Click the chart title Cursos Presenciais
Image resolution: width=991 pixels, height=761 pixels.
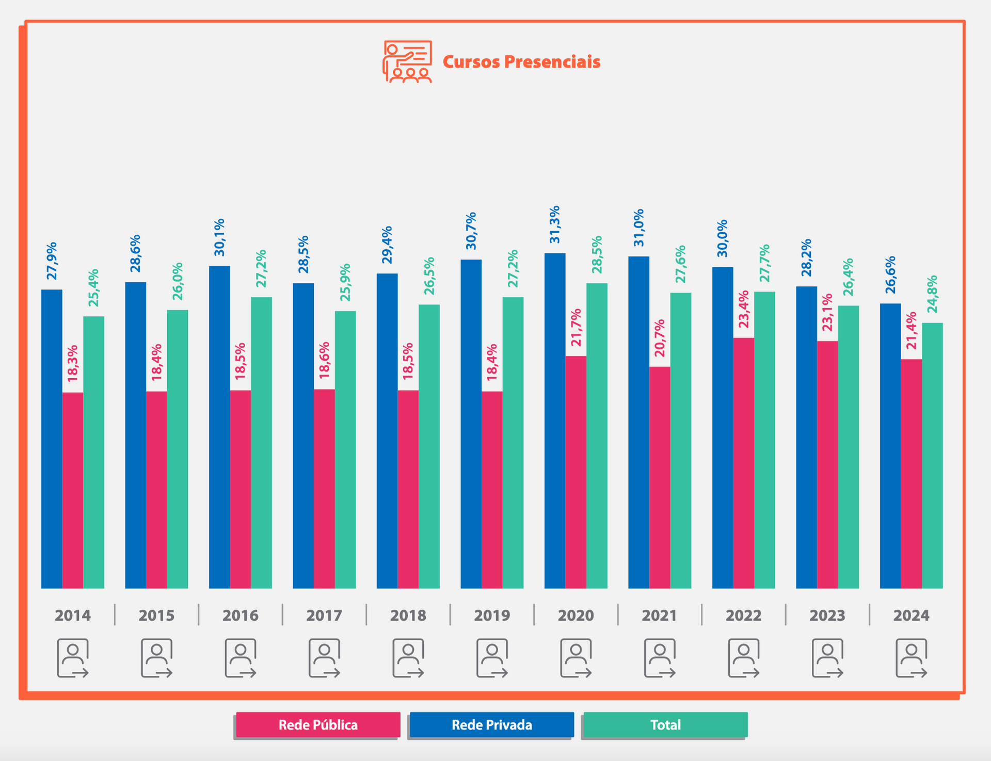pos(521,62)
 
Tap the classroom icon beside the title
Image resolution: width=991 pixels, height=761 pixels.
pos(407,62)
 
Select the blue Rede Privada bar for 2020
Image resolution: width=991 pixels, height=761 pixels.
pos(555,420)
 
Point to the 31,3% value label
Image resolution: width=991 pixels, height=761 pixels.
pos(555,224)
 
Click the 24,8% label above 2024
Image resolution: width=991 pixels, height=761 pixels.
pos(932,295)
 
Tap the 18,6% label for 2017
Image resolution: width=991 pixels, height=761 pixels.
pos(324,360)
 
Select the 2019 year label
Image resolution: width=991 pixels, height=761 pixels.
pos(492,616)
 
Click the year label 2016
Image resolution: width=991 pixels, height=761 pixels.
pos(241,616)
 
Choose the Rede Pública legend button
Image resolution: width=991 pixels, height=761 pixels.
pos(318,725)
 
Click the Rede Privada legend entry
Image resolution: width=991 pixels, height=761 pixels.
pos(491,725)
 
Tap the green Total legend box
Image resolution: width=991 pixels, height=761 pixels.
pos(665,725)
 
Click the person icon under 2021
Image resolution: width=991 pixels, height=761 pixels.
pos(660,658)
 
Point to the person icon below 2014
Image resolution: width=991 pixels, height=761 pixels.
pos(73,658)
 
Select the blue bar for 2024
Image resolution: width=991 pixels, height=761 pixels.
pos(890,446)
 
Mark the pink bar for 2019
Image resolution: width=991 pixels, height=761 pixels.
pos(492,490)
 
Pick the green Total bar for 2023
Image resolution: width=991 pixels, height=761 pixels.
pos(848,447)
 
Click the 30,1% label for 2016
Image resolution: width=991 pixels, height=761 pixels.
pos(219,237)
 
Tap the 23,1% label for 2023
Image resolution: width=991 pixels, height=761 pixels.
pos(827,312)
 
